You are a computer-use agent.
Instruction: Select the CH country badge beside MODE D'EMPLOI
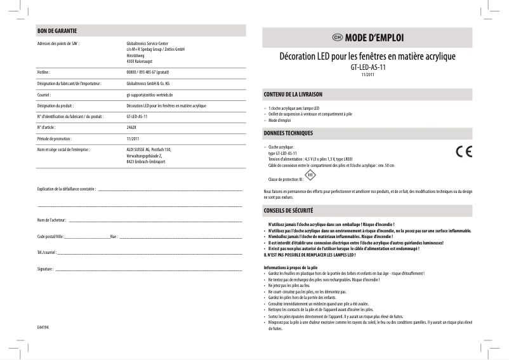(337, 37)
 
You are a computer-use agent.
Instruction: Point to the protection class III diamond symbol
(310, 175)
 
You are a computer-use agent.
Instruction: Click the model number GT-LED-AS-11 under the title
(368, 67)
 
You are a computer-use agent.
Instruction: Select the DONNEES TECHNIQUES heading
(288, 133)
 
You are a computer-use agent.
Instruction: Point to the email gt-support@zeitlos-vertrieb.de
(150, 95)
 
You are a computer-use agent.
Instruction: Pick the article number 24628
(131, 128)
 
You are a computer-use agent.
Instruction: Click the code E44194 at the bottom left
(43, 326)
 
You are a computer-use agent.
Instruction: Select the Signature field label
(46, 270)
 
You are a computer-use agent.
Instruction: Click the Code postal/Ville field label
(50, 236)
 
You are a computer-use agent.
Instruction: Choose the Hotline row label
(44, 72)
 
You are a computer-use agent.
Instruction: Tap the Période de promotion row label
(55, 138)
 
